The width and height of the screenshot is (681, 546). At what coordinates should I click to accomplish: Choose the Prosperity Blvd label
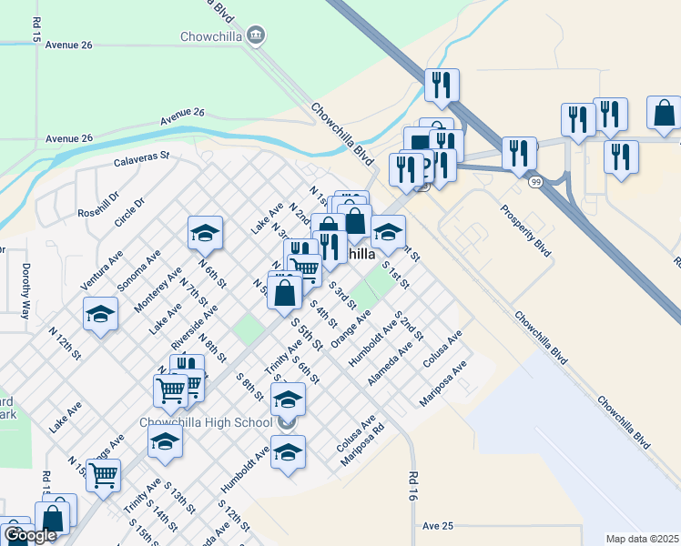tap(526, 229)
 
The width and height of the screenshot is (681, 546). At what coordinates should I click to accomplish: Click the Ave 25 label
tap(438, 526)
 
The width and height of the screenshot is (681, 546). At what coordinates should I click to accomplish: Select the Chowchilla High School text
tap(206, 422)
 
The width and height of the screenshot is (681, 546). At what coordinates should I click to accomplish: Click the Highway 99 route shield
tap(534, 182)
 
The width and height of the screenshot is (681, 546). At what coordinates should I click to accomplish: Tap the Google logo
tap(29, 535)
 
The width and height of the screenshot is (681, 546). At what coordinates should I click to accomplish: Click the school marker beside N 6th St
tap(206, 233)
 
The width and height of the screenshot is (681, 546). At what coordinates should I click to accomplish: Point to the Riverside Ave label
tap(194, 328)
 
